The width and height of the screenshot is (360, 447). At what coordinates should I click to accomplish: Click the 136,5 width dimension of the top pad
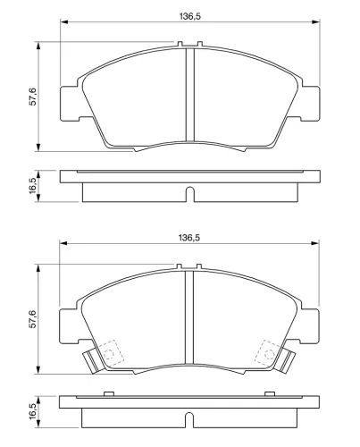point(189,16)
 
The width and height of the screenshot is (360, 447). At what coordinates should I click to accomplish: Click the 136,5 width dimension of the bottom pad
point(189,238)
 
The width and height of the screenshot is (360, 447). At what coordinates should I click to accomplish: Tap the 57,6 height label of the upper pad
point(32,97)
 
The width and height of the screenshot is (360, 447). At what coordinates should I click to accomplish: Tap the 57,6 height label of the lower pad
point(32,319)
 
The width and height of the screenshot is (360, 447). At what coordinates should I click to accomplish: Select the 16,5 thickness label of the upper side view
point(32,185)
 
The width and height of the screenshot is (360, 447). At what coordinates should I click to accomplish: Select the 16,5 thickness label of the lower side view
point(32,411)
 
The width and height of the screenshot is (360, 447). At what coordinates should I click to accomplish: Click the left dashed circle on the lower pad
point(109,354)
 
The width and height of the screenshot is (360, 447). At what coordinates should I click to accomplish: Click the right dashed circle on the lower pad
point(269,354)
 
